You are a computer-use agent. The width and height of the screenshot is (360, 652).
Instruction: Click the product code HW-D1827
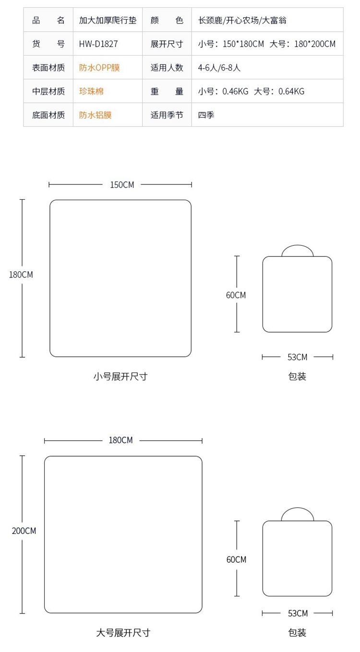[98, 44]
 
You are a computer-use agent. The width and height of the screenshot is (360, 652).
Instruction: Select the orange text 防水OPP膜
[99, 68]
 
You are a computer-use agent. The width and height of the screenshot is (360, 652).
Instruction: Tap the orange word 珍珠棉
[91, 91]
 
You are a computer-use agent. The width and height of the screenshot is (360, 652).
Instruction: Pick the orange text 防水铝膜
[95, 115]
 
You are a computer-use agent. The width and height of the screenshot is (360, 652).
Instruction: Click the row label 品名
[48, 20]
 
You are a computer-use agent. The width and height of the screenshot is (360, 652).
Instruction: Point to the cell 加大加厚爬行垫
[108, 20]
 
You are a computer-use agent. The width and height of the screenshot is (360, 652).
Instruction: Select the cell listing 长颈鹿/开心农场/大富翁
[242, 20]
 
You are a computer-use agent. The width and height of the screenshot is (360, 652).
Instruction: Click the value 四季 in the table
[206, 115]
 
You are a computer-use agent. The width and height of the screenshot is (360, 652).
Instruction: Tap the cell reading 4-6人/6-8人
[219, 68]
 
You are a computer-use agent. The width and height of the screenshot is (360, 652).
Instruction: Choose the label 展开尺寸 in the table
[167, 44]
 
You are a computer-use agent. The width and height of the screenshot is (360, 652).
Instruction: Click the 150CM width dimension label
[122, 185]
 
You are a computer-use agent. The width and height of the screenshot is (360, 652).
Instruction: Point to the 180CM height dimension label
[21, 275]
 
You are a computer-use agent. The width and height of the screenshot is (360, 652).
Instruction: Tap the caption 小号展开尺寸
[120, 376]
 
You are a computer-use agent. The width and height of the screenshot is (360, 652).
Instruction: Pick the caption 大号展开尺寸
[123, 633]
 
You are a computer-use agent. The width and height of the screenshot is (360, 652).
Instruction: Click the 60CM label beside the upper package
[236, 295]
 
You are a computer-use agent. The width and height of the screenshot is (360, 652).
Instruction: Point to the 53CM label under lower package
[298, 613]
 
